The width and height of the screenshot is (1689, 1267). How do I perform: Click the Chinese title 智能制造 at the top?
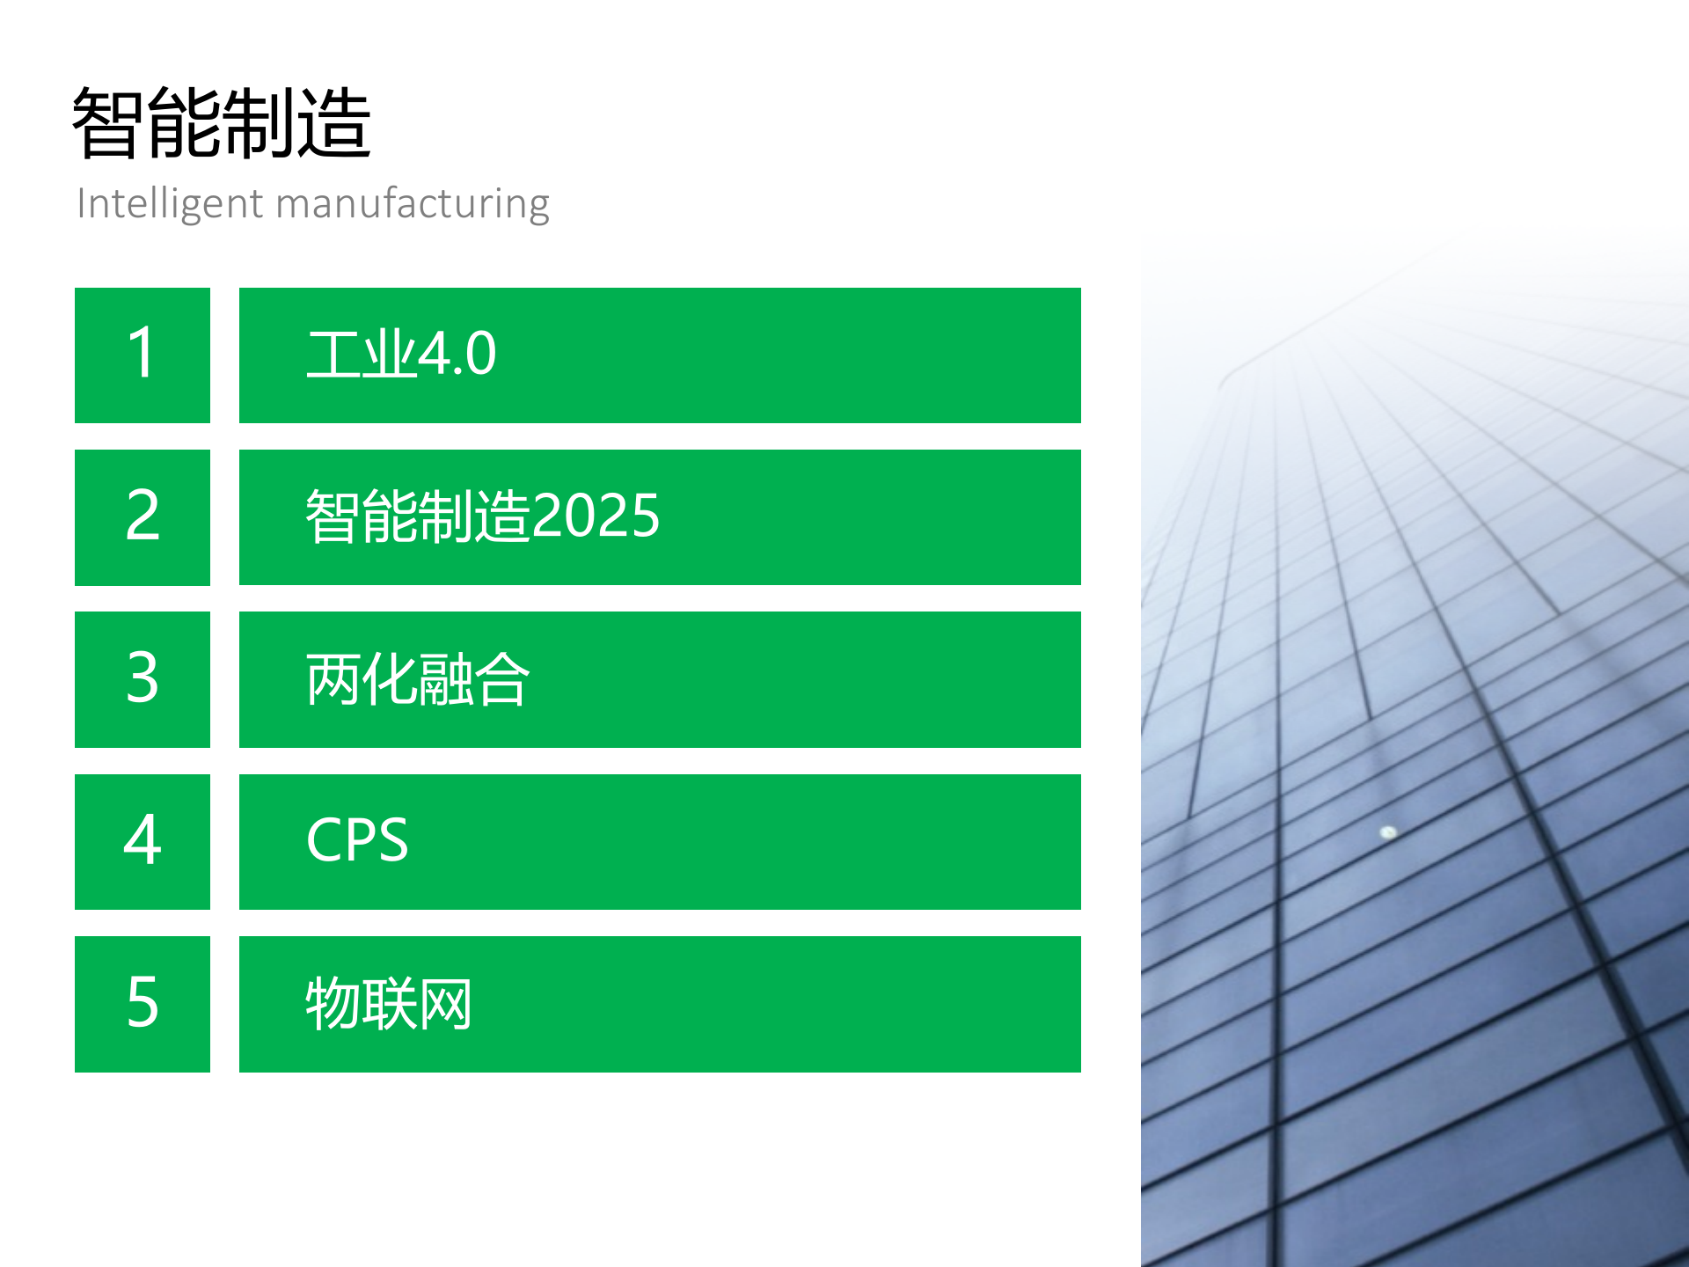(222, 123)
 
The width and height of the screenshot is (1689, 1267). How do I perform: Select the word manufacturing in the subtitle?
(413, 204)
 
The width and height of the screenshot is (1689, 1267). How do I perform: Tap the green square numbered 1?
(143, 355)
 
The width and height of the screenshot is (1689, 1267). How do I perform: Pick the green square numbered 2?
(143, 517)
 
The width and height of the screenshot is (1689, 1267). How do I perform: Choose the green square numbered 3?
(143, 679)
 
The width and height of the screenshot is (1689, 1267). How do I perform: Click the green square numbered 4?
(143, 841)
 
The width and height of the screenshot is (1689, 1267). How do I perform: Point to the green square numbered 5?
(143, 1004)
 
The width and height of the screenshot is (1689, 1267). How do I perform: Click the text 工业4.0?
(401, 355)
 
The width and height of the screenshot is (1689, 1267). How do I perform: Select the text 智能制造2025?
(482, 516)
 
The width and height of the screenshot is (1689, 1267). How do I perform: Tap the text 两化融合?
(417, 679)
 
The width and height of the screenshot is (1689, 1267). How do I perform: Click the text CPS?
(357, 840)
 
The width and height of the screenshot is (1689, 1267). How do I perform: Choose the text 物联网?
(389, 1004)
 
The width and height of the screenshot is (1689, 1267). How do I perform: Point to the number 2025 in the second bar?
(596, 516)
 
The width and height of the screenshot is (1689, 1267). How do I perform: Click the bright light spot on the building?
(1388, 831)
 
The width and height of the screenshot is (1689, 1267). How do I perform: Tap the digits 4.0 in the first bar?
(457, 355)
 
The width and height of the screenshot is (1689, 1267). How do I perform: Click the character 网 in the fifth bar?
(445, 1004)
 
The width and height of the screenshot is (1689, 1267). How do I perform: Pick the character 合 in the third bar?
(501, 679)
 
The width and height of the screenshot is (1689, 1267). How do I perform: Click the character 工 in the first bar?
(333, 355)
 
